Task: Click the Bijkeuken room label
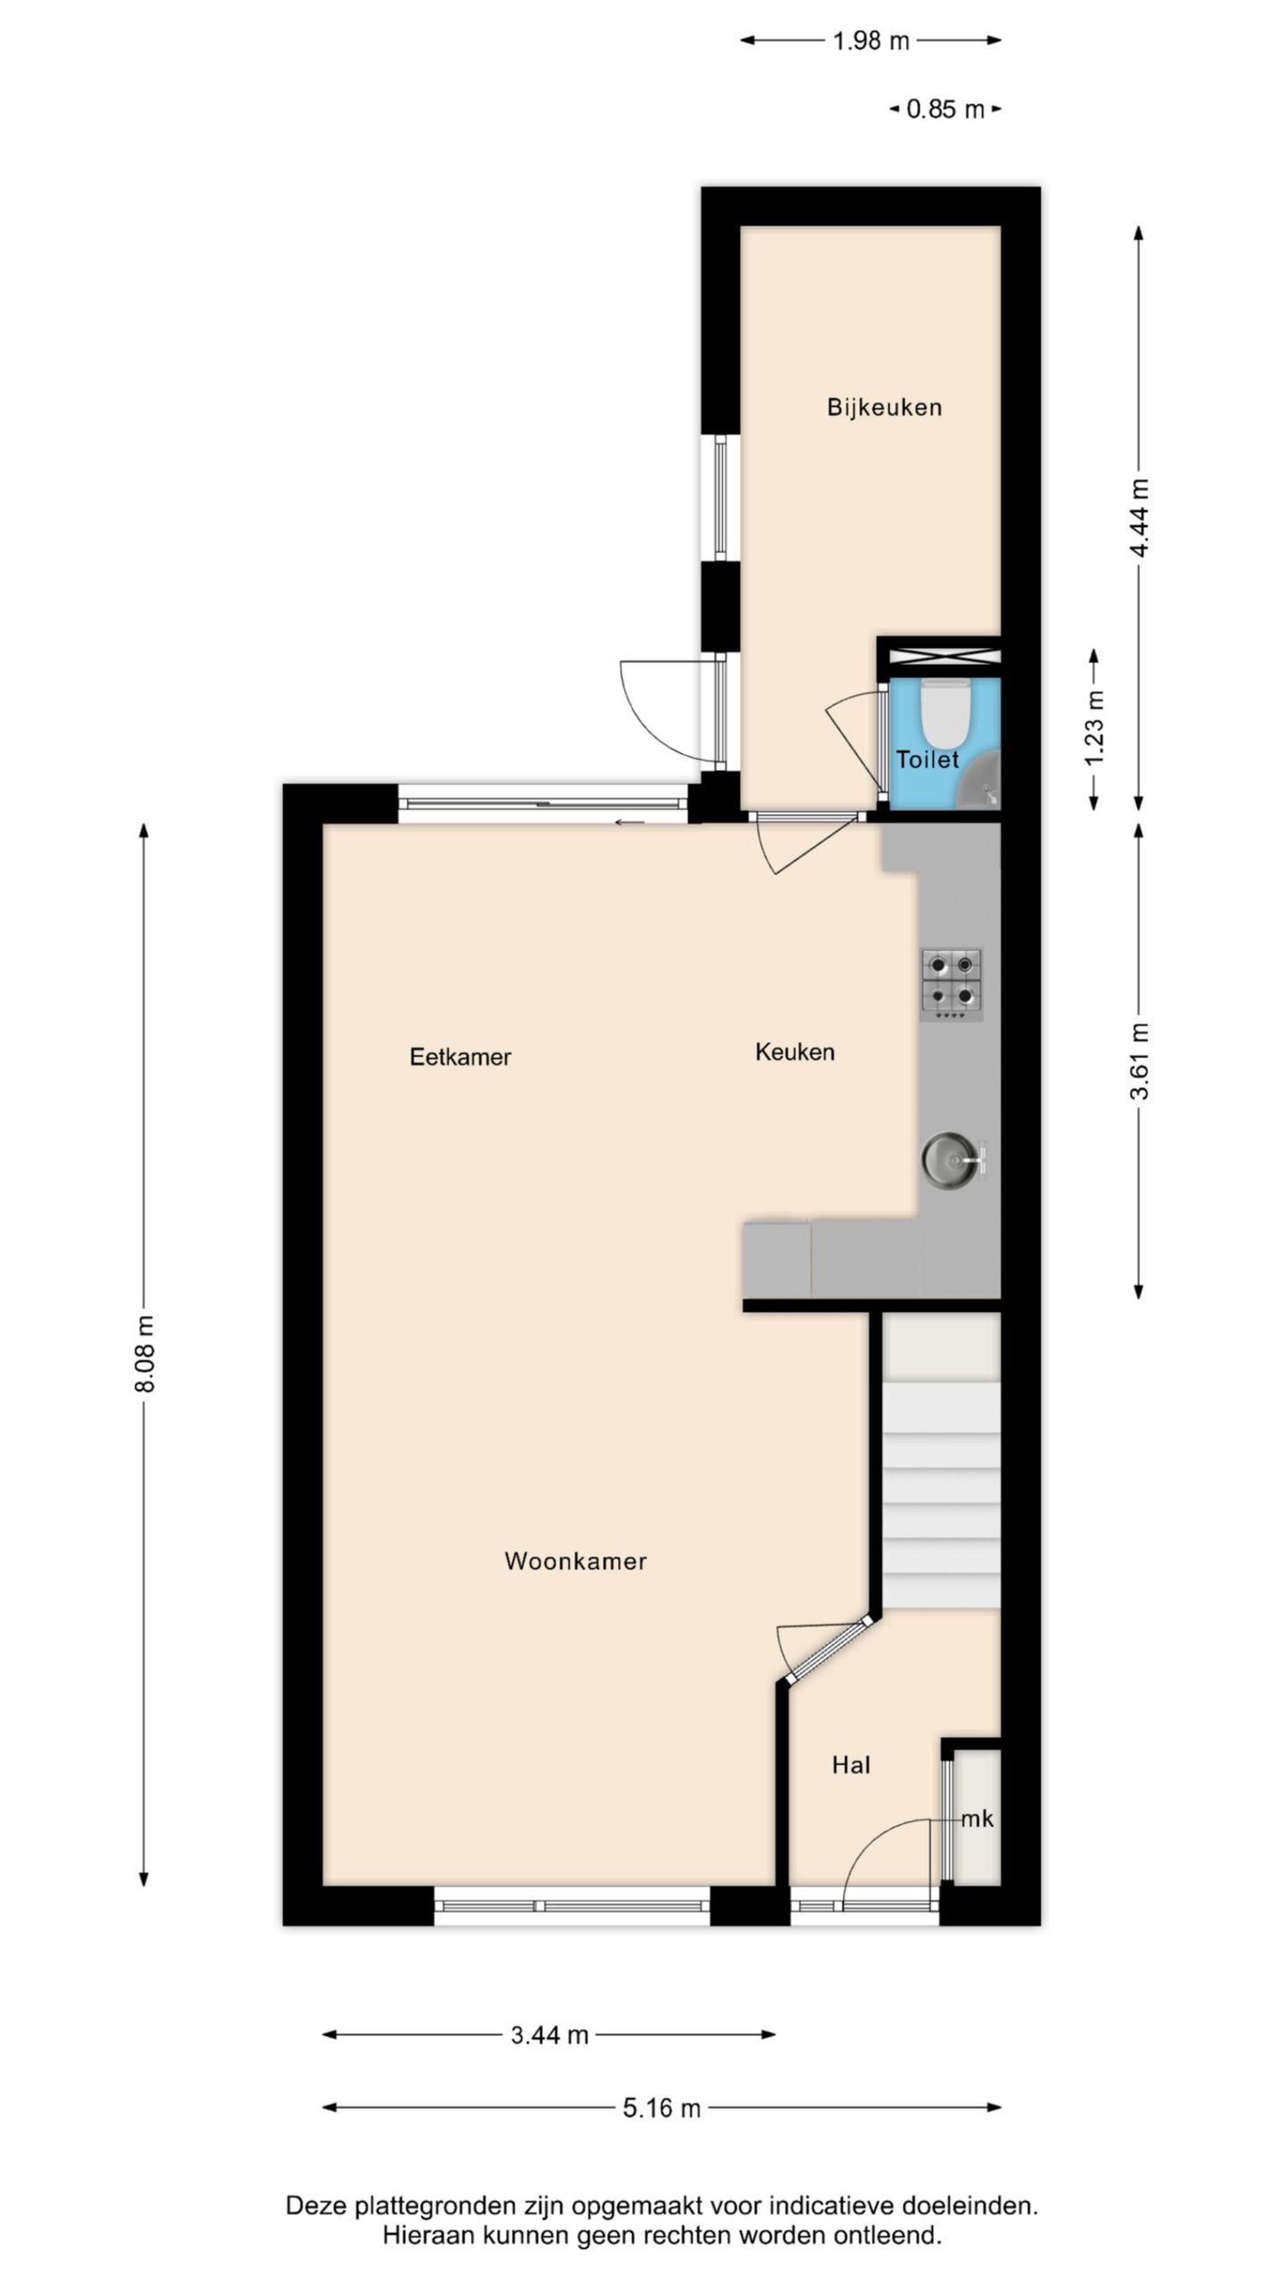[x=883, y=407]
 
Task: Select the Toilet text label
[x=927, y=759]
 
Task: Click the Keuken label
[x=794, y=1051]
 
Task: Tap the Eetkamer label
[x=459, y=1057]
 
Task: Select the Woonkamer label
[x=575, y=1561]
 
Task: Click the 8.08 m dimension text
[x=145, y=1352]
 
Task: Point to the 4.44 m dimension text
[x=1140, y=517]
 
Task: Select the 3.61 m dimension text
[x=1140, y=1060]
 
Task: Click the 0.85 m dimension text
[x=945, y=109]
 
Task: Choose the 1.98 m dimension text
[x=870, y=41]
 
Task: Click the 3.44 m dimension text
[x=549, y=2035]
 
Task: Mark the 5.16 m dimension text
[x=661, y=2108]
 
